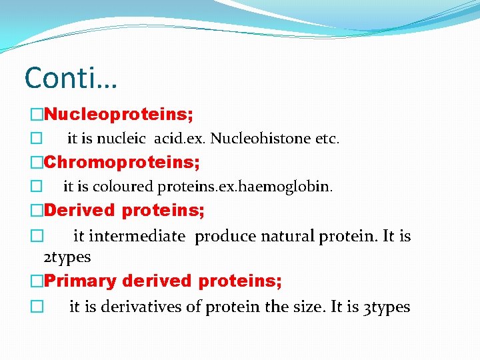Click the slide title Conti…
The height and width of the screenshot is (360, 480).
[71, 78]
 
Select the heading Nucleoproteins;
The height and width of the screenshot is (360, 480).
[119, 115]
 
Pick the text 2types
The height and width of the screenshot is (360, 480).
[67, 257]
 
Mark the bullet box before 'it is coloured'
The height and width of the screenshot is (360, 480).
[36, 187]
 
